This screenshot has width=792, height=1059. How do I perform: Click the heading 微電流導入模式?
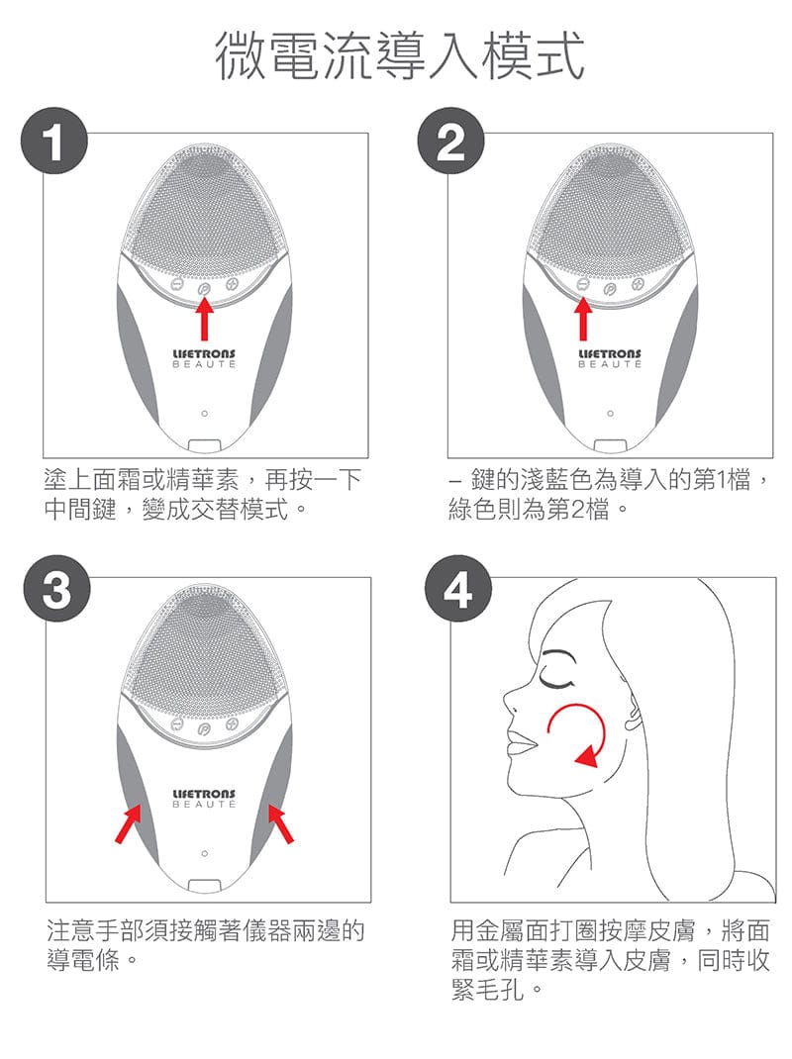point(399,56)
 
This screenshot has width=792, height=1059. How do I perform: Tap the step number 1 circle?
point(54,142)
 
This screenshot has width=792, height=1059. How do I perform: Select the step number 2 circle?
point(450,142)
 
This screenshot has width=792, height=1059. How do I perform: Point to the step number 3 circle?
point(56,588)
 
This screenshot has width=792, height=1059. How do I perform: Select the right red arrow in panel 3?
point(280,822)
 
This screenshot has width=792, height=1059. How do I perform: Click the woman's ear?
point(633,714)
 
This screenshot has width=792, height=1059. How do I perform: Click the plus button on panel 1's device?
point(232,284)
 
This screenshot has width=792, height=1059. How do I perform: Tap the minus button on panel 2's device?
point(582,285)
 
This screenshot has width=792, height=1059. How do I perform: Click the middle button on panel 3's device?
point(204,728)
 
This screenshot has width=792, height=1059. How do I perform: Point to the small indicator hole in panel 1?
point(204,413)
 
